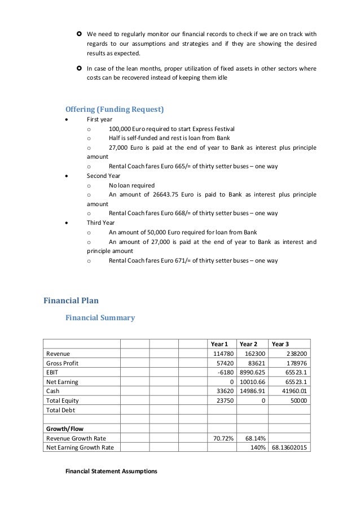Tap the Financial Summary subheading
(100, 317)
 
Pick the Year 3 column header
(280, 343)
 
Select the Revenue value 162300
(252, 353)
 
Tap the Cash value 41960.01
(293, 391)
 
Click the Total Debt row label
(60, 410)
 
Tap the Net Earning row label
(62, 382)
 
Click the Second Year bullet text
(103, 176)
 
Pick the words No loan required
(131, 185)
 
